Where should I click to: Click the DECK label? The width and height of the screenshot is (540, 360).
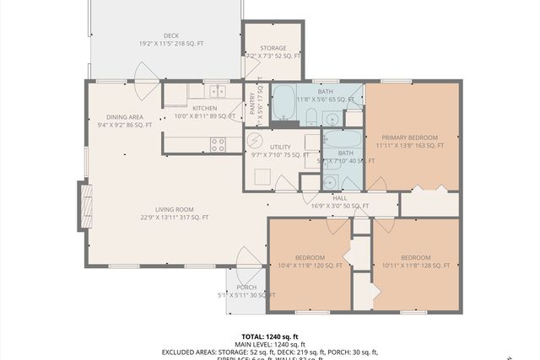(x=171, y=35)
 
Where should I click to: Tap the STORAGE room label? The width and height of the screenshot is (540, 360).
(x=273, y=48)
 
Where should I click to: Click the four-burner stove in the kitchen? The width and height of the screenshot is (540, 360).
(x=217, y=145)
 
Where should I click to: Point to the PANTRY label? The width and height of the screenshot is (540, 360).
(x=252, y=104)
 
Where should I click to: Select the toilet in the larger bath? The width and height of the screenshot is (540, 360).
(x=311, y=116)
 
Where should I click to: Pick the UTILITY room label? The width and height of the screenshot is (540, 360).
(x=280, y=147)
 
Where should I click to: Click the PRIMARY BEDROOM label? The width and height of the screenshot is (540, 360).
(x=412, y=137)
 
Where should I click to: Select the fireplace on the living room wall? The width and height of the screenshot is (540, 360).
(x=84, y=207)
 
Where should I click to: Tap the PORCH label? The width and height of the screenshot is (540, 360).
(x=246, y=287)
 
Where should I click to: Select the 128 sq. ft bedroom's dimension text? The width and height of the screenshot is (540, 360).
(x=415, y=266)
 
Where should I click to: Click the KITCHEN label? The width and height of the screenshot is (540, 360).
(x=204, y=108)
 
